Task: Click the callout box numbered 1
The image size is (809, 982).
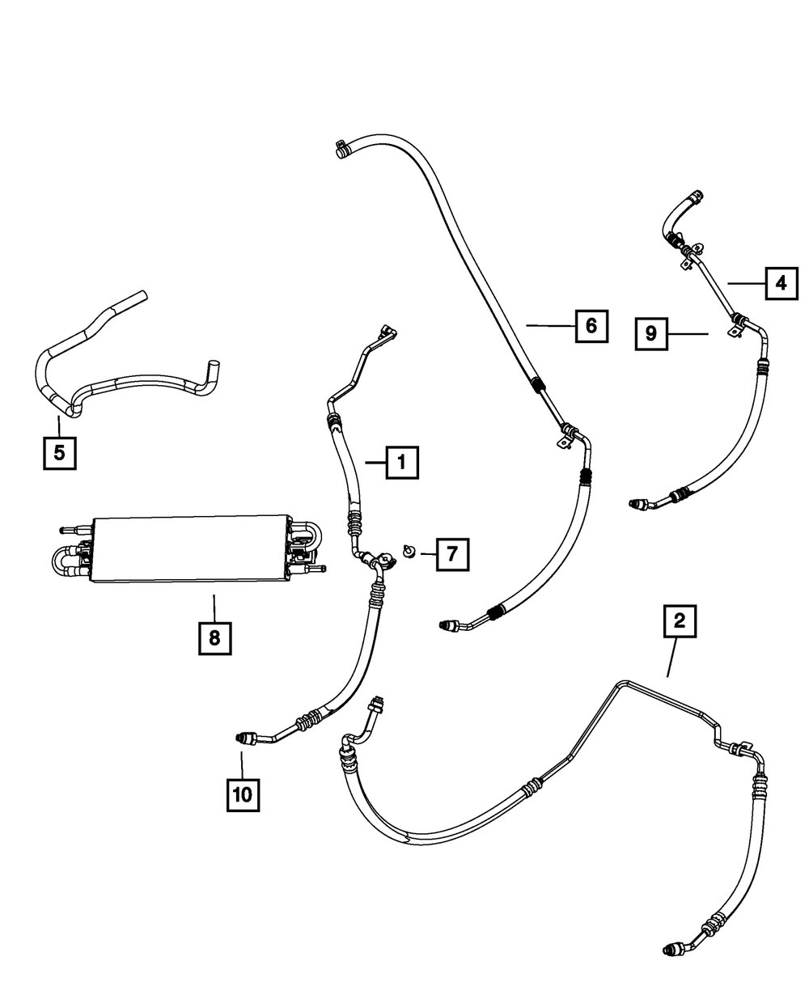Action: (x=402, y=463)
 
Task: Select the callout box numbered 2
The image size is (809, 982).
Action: (x=679, y=620)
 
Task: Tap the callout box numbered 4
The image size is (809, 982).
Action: (x=781, y=282)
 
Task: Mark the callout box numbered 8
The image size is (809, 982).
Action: (x=214, y=637)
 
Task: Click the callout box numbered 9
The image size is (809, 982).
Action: (x=651, y=333)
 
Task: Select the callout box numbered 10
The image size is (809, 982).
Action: (x=243, y=794)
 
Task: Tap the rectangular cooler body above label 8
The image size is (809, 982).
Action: (x=190, y=548)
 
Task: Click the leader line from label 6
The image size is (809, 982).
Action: (x=549, y=326)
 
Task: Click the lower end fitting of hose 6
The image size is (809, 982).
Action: (x=449, y=624)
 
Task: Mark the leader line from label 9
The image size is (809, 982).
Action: (x=688, y=333)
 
